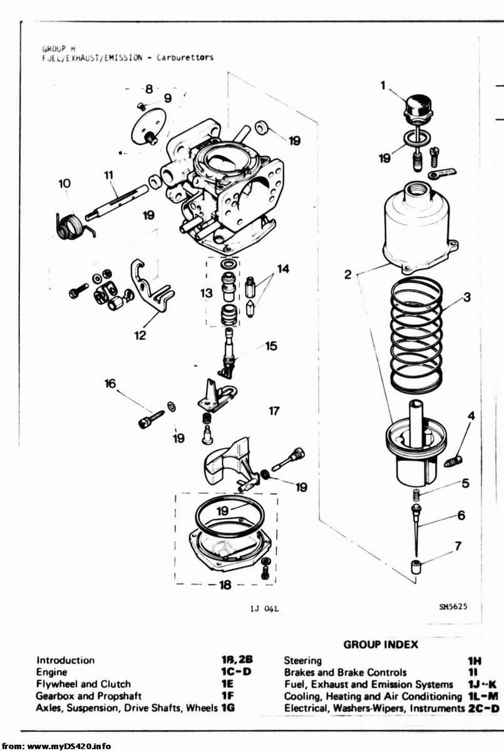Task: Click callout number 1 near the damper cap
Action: tap(383, 85)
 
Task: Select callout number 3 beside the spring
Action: tap(467, 297)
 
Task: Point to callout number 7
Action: tap(458, 546)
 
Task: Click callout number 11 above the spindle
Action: tap(109, 175)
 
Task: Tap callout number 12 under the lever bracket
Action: tap(140, 335)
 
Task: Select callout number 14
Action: tap(284, 268)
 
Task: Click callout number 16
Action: tap(110, 383)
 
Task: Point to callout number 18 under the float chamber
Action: tap(225, 585)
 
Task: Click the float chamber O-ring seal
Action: tap(230, 514)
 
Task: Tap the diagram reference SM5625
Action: tap(453, 606)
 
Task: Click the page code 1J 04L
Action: tap(265, 608)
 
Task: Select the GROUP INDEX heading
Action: tap(381, 645)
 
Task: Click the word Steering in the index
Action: tap(303, 660)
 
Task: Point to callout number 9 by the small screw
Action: tap(168, 98)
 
